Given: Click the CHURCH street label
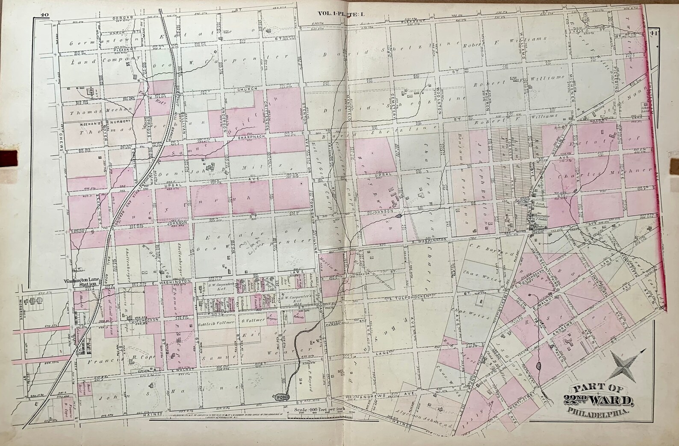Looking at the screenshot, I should point(248,89).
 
